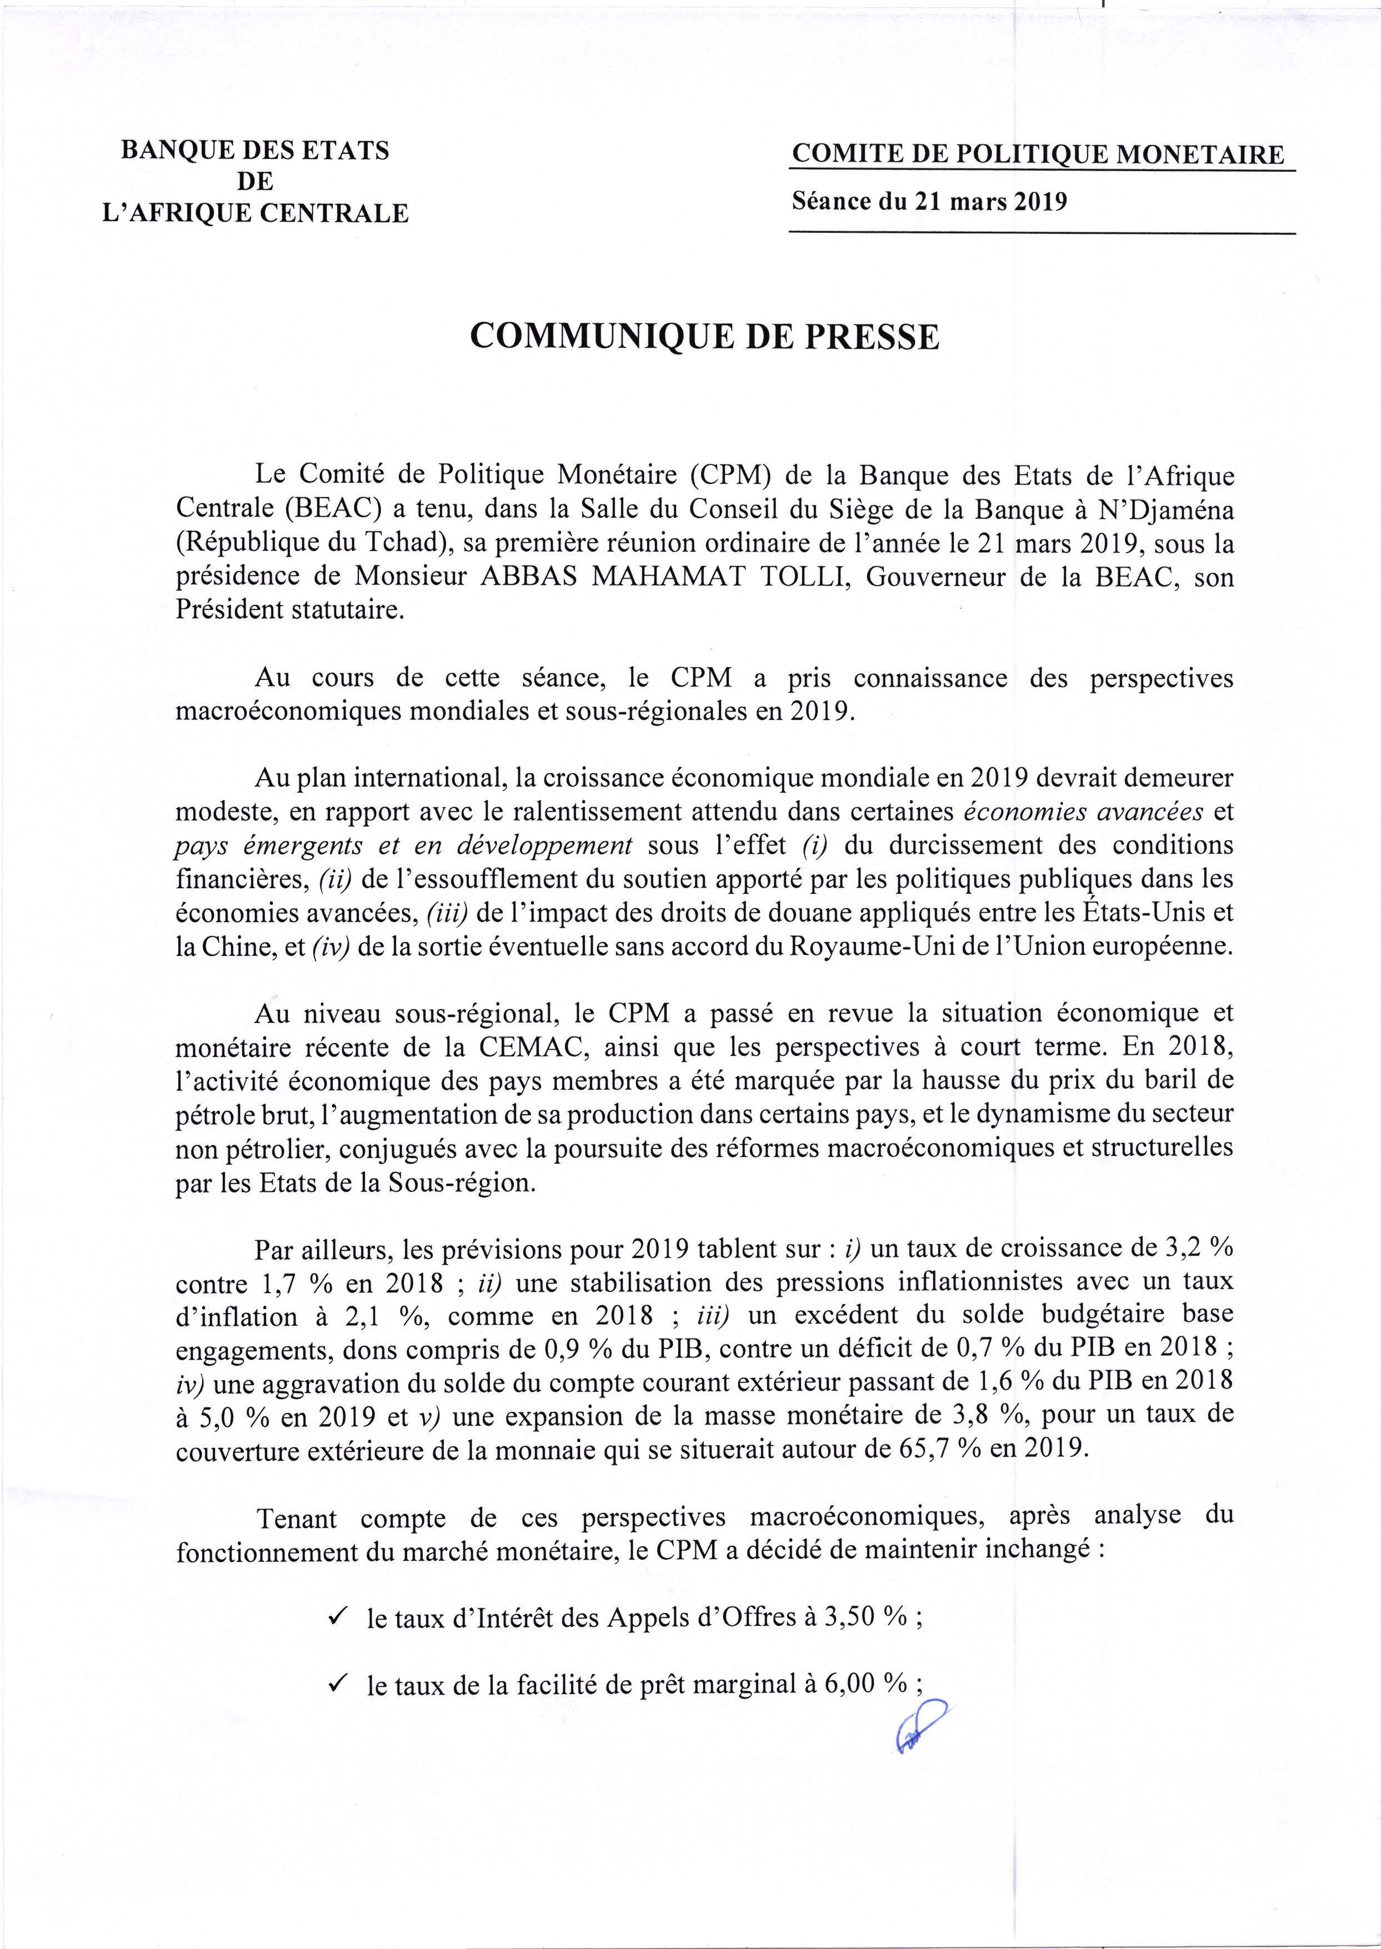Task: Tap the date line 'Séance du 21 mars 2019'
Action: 929,202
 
